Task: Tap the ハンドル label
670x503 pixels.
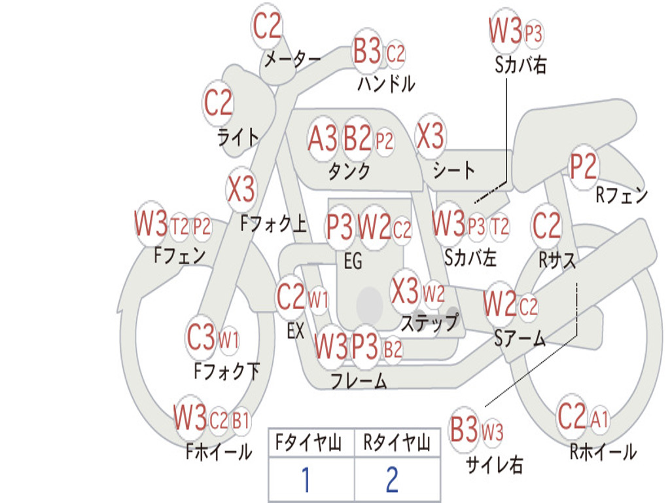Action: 386,84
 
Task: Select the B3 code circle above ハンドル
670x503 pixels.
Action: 367,52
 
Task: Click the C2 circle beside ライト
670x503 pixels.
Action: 219,102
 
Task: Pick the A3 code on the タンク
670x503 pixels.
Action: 323,139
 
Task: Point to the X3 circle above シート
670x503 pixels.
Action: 430,137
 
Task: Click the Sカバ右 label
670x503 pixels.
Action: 520,65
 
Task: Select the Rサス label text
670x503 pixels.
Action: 557,260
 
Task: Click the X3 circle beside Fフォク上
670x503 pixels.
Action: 241,189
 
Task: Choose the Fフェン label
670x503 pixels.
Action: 180,255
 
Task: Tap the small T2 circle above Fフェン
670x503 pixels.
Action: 179,227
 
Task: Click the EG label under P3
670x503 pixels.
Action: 353,262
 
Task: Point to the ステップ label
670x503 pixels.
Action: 429,323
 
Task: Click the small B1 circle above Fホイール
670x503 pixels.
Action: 241,420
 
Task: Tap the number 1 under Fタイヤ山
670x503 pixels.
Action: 306,480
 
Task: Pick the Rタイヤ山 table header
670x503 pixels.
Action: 397,444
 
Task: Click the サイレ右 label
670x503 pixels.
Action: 494,465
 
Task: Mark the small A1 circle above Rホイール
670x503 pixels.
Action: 600,419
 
